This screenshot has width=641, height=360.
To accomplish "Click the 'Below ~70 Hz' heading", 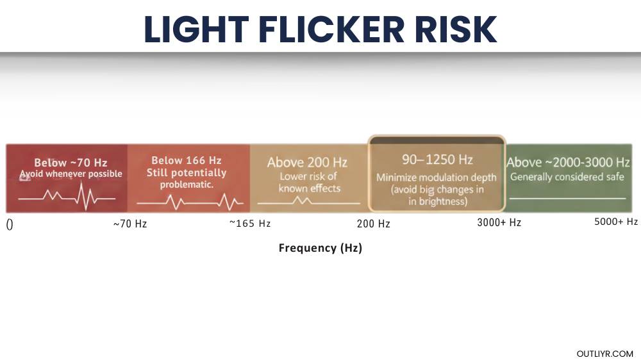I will [71, 163].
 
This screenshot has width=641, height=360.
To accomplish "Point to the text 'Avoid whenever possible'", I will [71, 174].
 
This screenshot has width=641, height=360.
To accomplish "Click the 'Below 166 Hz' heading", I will [187, 161].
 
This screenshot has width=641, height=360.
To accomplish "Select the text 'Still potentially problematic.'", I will [187, 179].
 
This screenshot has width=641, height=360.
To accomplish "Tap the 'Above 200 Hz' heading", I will [307, 163].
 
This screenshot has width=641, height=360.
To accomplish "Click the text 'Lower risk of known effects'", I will [308, 182].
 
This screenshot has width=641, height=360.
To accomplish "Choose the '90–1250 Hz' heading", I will [437, 159].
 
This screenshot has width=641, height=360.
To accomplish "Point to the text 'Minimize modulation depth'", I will [437, 177].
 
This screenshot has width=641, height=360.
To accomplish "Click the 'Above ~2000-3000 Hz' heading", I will [568, 162].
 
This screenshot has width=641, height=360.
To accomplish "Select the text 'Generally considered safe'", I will [567, 177].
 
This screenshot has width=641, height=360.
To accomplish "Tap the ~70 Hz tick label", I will [130, 224].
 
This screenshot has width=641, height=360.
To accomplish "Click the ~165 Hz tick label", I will [250, 224].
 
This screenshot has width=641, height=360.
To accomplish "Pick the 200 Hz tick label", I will [373, 224].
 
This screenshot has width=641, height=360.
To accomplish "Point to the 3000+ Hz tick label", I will [499, 222].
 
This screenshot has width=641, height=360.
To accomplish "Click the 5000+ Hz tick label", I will [616, 222].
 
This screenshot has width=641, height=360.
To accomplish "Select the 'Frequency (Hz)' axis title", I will [320, 248].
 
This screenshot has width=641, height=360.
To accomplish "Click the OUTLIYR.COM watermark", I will [604, 354].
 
